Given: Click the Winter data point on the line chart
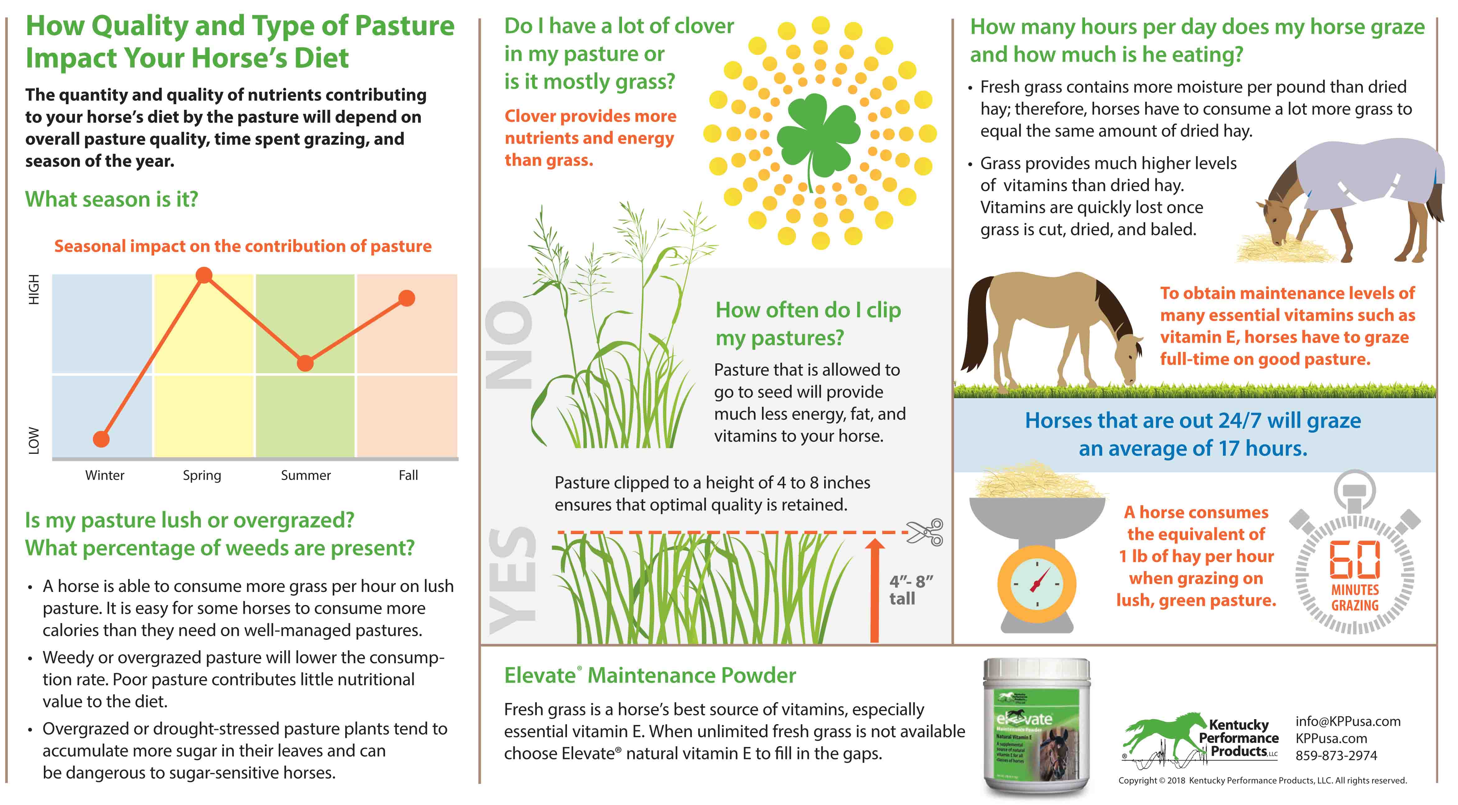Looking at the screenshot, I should (x=101, y=439).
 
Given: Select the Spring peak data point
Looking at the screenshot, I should (x=204, y=276).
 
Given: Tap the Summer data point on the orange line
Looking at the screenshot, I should (x=305, y=363).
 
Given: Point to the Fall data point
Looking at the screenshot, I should (x=406, y=298).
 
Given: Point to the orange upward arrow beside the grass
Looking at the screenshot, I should (x=875, y=589).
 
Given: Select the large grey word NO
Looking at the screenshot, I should (x=509, y=345).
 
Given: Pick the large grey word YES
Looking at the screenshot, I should (x=512, y=580).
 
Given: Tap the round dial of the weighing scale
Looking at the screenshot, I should (x=1037, y=583).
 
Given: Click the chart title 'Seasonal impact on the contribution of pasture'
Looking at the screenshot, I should (x=243, y=246).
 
